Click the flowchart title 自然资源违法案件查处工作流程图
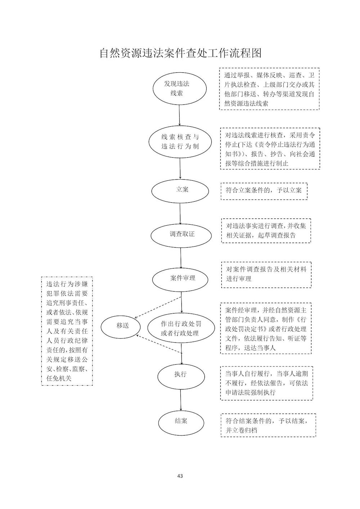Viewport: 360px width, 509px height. pyautogui.click(x=181, y=53)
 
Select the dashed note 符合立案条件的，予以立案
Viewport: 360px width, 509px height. pyautogui.click(x=264, y=192)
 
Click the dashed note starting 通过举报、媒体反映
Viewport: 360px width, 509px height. pyautogui.click(x=269, y=89)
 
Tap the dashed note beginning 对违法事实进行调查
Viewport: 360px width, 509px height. pyautogui.click(x=266, y=231)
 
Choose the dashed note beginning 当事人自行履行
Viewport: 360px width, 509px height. pyautogui.click(x=267, y=383)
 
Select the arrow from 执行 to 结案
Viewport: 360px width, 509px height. pyautogui.click(x=181, y=400)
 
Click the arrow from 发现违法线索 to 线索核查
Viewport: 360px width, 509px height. pyautogui.click(x=180, y=115)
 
